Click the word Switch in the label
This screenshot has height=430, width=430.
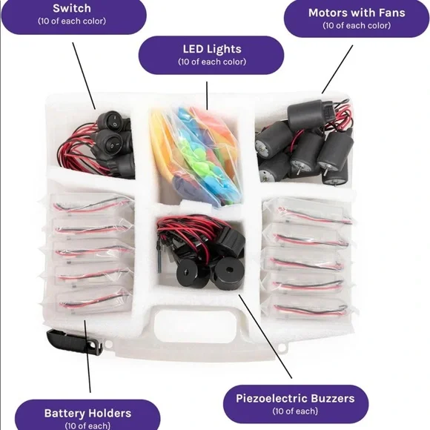pos(72,8)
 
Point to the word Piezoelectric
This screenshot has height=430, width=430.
pos(273,398)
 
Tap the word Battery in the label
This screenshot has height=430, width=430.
pos(63,413)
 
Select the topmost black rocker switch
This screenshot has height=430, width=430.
pos(113,121)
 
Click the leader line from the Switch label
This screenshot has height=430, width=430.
pos(84,76)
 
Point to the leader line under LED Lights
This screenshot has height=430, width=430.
pos(207,96)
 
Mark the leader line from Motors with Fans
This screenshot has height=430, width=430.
pos(337,70)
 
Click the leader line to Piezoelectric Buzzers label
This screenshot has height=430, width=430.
pos(265,337)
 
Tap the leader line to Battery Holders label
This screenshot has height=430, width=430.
pos(87,356)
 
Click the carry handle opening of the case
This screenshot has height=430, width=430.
pos(195,325)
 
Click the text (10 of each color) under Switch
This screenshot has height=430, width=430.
pos(72,21)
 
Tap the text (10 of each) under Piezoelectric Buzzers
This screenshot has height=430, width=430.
pos(295,411)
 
